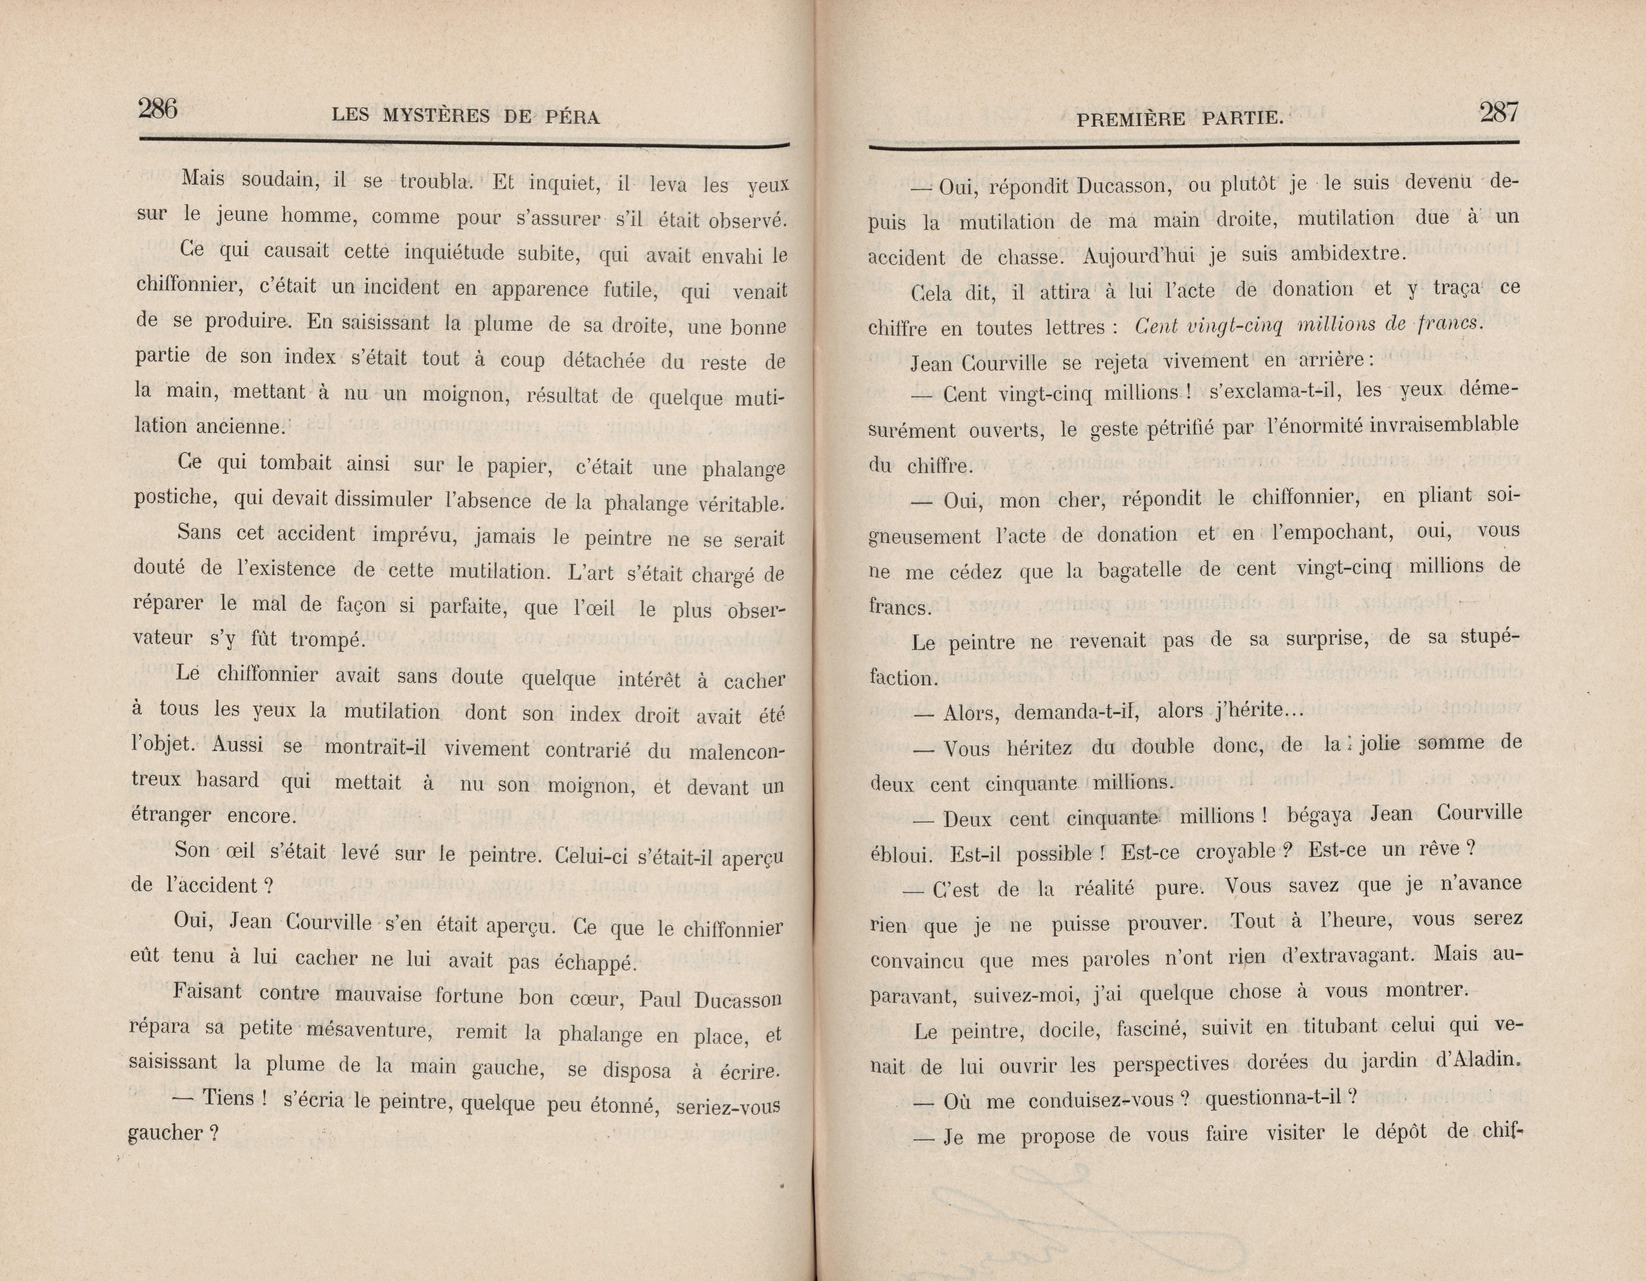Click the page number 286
[158, 110]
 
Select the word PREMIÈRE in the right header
[1130, 118]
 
